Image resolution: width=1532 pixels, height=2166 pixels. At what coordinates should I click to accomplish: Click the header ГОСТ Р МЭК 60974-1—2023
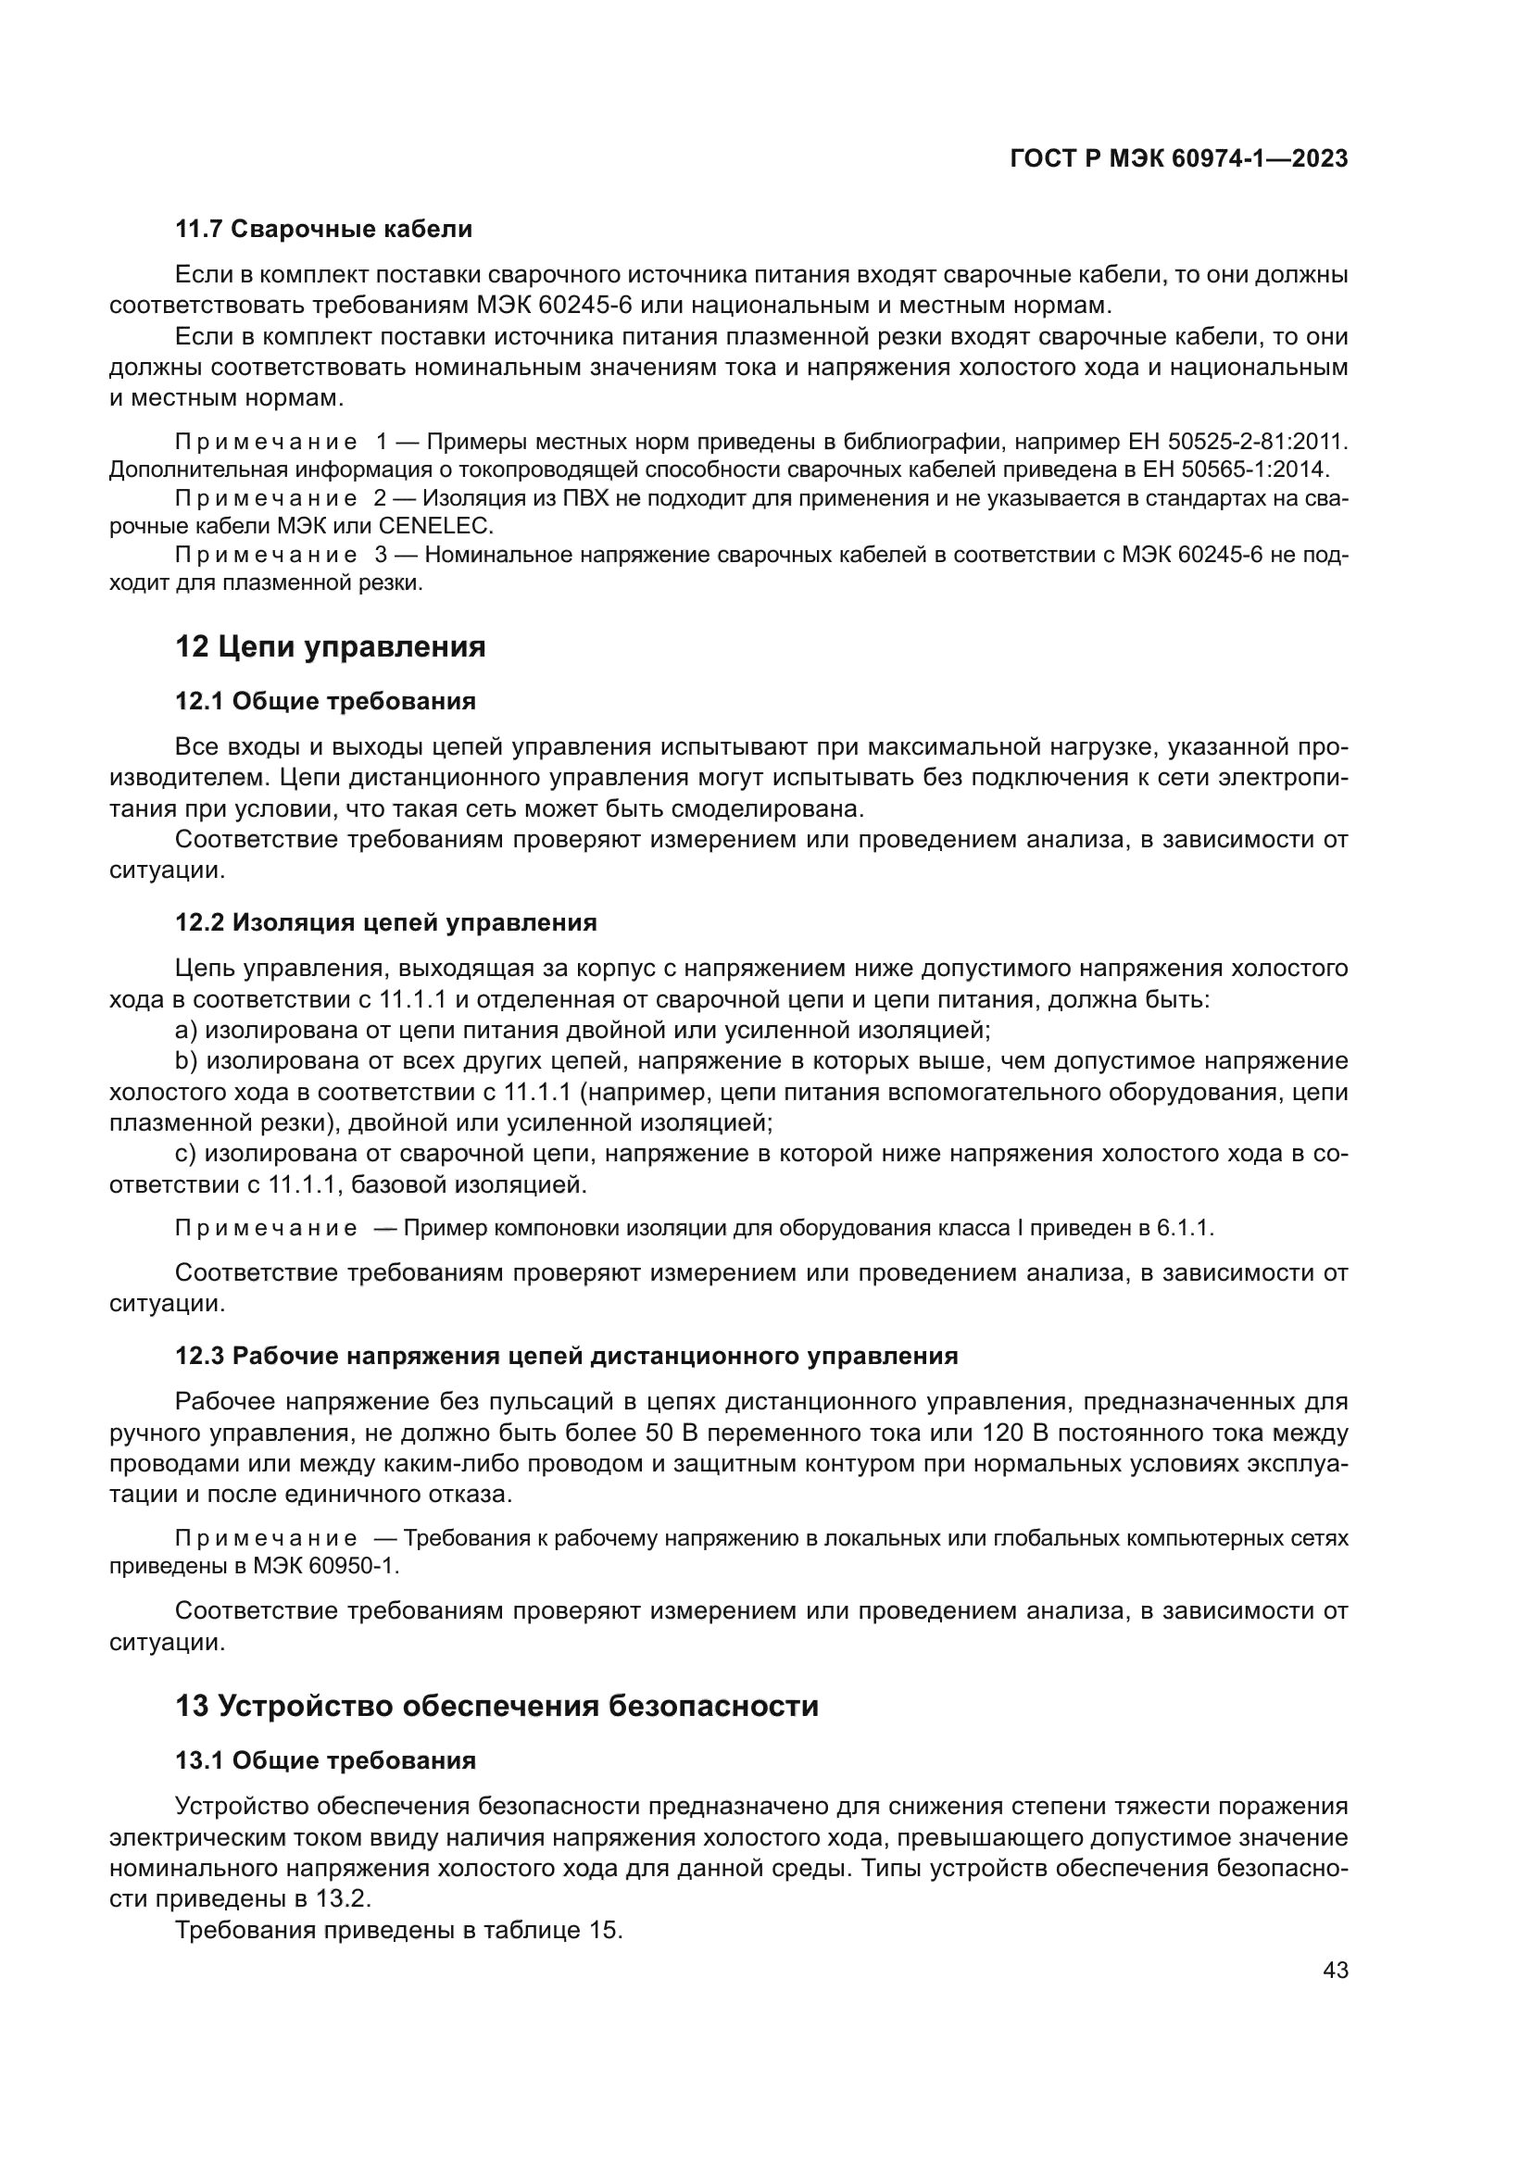click(1178, 159)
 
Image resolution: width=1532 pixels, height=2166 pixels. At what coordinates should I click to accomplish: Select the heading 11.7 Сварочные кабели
click(323, 230)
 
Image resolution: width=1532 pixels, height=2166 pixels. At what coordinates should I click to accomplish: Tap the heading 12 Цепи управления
click(330, 647)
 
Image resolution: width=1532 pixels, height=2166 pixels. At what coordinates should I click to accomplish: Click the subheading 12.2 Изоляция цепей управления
click(386, 922)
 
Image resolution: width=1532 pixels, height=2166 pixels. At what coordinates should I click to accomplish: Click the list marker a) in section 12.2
click(187, 1030)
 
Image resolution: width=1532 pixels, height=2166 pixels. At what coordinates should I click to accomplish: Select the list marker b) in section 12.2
click(187, 1061)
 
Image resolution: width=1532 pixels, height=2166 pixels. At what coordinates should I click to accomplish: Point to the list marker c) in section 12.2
click(186, 1154)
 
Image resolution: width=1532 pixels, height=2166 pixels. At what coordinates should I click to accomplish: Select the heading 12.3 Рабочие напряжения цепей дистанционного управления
click(566, 1357)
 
